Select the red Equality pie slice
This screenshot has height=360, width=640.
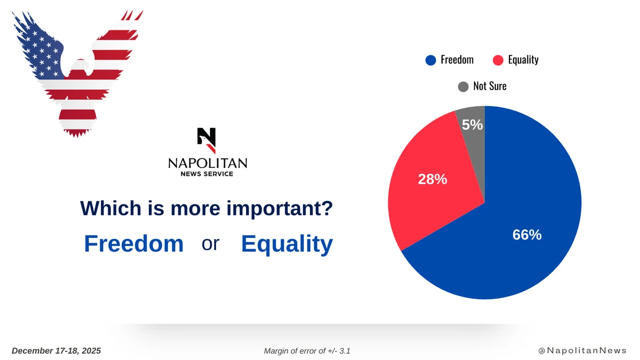tap(429, 183)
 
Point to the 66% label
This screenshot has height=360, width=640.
tap(527, 235)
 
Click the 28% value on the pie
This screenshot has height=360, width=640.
tap(433, 179)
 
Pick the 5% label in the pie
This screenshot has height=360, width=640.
tap(473, 125)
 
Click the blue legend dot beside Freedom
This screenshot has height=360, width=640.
tap(430, 60)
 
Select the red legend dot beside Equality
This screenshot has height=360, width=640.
tap(498, 60)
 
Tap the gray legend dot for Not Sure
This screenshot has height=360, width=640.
tap(463, 86)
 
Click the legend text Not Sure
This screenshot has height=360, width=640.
tap(490, 86)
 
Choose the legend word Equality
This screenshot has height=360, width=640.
tap(523, 60)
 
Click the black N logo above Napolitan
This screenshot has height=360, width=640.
tap(206, 140)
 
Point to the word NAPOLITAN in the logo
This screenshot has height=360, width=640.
tap(207, 163)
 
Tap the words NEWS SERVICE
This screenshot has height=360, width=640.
tap(207, 174)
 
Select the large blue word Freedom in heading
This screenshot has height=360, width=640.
tap(134, 243)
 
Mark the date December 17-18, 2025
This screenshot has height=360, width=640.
tap(57, 351)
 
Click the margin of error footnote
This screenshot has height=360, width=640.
tap(307, 351)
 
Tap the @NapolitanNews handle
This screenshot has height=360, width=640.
tap(582, 350)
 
